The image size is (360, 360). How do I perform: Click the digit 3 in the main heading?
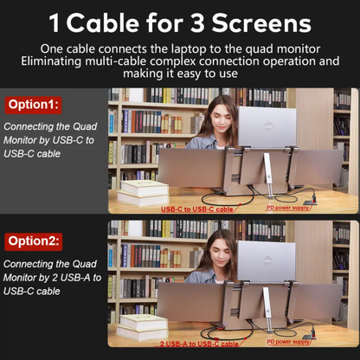(x=197, y=23)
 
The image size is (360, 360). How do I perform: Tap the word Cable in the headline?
(x=102, y=22)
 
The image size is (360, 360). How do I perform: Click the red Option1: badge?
(x=34, y=105)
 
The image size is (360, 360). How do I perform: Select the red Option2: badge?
(x=34, y=241)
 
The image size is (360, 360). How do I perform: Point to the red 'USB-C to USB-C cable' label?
(x=197, y=209)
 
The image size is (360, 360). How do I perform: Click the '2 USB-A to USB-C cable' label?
(x=199, y=344)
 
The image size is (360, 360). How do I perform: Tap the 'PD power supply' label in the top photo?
(x=287, y=208)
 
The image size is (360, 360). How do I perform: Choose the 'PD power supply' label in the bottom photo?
(x=288, y=342)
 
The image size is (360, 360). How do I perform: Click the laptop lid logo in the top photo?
(x=268, y=126)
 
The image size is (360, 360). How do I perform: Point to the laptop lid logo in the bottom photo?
(x=267, y=261)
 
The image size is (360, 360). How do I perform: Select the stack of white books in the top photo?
(x=143, y=193)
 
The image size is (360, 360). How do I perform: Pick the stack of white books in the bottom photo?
(x=143, y=327)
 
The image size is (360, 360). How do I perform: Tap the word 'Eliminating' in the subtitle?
(x=51, y=61)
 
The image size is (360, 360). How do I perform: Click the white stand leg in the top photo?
(x=268, y=176)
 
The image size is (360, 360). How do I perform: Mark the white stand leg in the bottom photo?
(x=267, y=309)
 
